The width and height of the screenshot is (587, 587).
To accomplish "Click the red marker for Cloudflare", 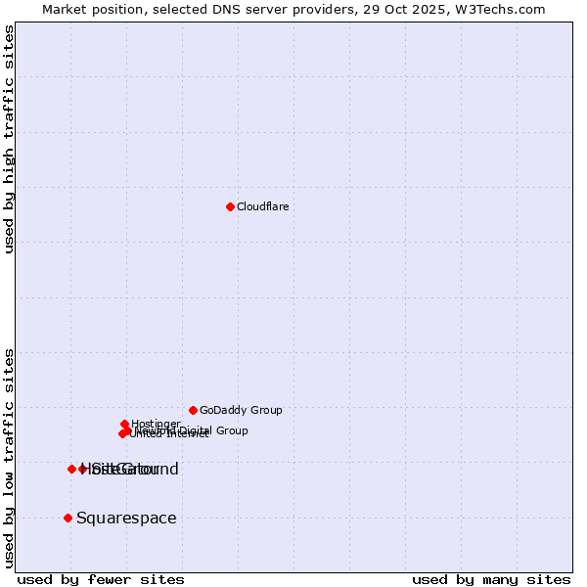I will tap(230, 206).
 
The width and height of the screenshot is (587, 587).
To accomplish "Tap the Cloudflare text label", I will tap(262, 206).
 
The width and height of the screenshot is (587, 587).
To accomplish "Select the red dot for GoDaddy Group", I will tap(193, 410).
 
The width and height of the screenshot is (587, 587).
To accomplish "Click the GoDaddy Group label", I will tap(240, 410).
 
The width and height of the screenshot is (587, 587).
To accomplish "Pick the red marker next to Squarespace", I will tap(68, 518).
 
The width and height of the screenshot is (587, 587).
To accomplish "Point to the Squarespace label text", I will tap(126, 518).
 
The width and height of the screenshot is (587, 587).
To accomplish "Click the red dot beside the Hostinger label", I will tap(124, 425).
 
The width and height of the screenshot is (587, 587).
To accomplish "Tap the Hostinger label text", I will tap(156, 424).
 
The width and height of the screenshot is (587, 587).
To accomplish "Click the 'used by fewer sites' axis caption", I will tap(101, 579).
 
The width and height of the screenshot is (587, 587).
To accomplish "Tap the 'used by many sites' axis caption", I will tap(491, 579).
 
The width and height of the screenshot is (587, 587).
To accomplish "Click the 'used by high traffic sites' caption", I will tap(9, 139).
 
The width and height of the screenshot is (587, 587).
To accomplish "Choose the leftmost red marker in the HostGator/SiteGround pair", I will tap(71, 469).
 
